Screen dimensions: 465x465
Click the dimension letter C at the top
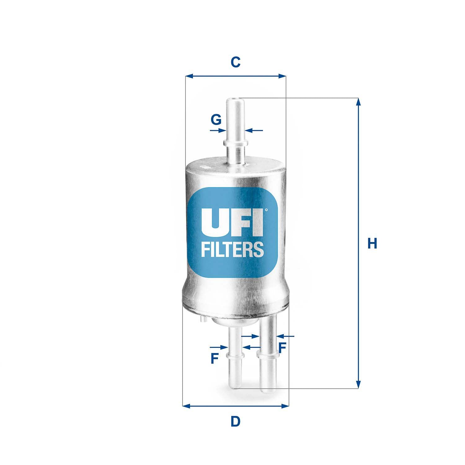236,62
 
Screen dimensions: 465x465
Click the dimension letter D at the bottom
236,422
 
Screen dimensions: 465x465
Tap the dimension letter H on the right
372,244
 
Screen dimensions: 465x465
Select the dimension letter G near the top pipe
216,119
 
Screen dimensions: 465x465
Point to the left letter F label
214,359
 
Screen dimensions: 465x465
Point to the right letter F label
281,348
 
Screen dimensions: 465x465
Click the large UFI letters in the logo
232,222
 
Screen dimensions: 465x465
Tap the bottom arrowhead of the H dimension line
358,384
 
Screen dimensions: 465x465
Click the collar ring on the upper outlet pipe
236,143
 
